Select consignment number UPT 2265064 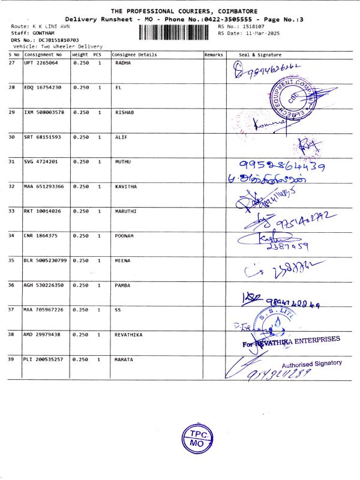click(x=41, y=62)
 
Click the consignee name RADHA click(x=122, y=62)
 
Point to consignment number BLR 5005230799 click(x=46, y=260)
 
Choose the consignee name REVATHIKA click(x=128, y=335)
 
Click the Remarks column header click(x=214, y=55)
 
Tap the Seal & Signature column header click(x=260, y=55)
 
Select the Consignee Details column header click(x=134, y=55)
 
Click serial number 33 click(x=12, y=211)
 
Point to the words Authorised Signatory click(x=311, y=363)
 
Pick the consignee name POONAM click(x=124, y=236)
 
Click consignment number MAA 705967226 click(x=43, y=310)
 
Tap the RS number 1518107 click(x=251, y=27)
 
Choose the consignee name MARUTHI click(x=125, y=211)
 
